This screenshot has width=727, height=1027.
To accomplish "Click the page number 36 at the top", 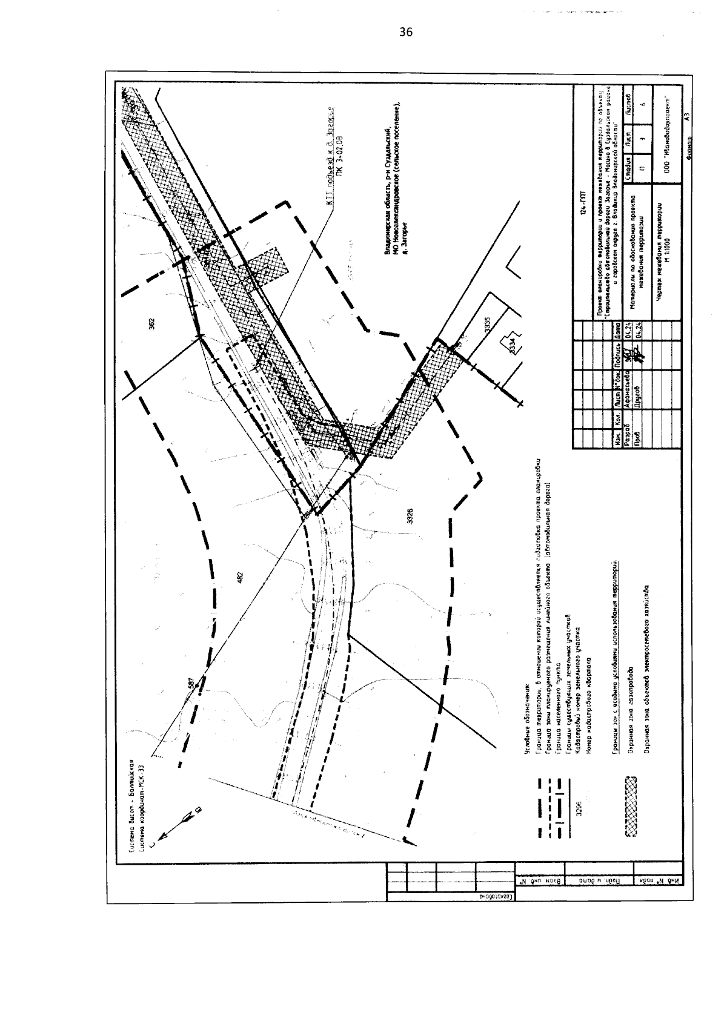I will coord(406,33).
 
